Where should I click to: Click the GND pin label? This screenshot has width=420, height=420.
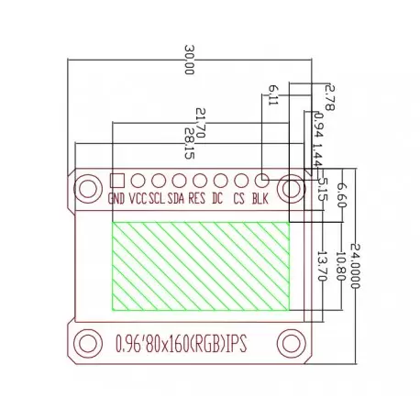coord(116,199)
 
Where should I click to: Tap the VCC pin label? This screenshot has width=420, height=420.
coord(138,199)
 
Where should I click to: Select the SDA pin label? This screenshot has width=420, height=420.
coord(177,199)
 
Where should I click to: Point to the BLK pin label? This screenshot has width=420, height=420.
coord(260,199)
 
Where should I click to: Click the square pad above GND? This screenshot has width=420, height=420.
coord(116,180)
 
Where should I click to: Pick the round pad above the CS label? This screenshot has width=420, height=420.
coord(240,182)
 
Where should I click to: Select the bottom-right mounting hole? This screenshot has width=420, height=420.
coord(293,344)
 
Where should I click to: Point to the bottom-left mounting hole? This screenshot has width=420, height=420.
coord(87,344)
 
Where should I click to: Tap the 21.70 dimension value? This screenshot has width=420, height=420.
coord(200,122)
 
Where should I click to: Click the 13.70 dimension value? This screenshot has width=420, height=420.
coord(321,267)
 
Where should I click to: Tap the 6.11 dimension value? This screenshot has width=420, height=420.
coord(272,94)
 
